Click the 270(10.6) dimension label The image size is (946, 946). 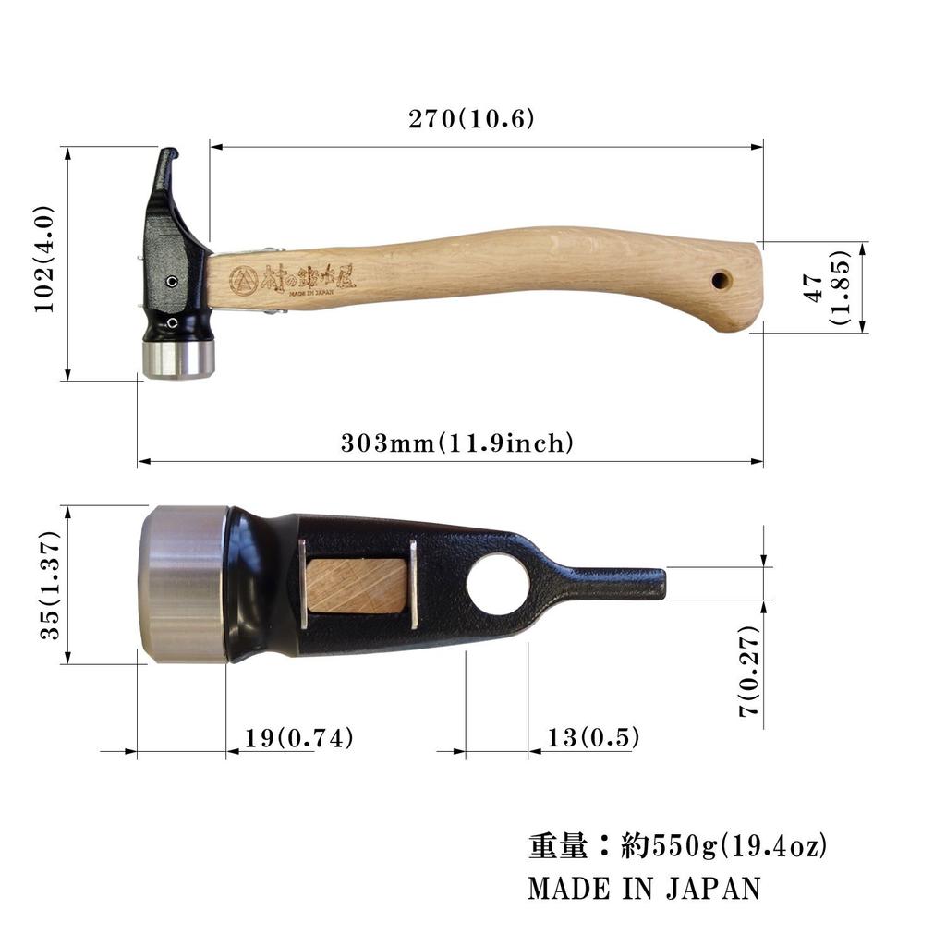tap(471, 120)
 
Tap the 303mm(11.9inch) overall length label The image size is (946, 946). tap(457, 443)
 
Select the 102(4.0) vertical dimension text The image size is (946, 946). tap(46, 260)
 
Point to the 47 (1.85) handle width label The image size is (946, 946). tap(828, 286)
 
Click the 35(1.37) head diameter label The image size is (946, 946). tap(50, 585)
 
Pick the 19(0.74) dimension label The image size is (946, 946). tap(299, 738)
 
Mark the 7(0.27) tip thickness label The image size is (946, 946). tap(749, 671)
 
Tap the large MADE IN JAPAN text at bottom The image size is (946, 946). tap(644, 889)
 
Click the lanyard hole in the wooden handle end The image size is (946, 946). tap(721, 279)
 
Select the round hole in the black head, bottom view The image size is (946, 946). tap(498, 585)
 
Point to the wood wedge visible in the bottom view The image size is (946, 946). tap(357, 586)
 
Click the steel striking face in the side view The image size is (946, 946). tap(178, 358)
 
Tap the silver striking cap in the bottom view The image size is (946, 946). tap(183, 584)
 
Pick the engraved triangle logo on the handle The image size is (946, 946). tap(244, 280)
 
